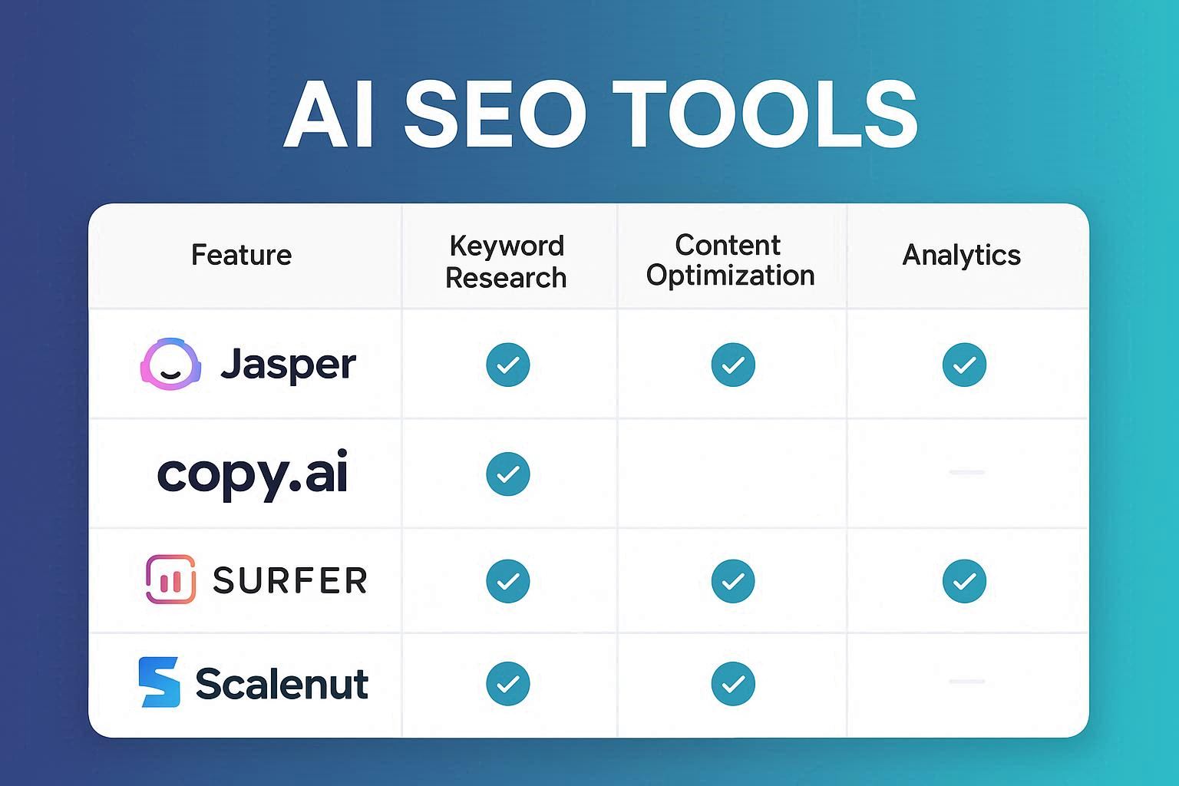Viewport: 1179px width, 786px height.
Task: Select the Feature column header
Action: pyautogui.click(x=241, y=255)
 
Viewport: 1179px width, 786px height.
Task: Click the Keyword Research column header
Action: pyautogui.click(x=507, y=262)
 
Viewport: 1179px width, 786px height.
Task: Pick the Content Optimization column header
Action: pyautogui.click(x=730, y=260)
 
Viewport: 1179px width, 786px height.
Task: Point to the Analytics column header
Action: pyautogui.click(x=961, y=255)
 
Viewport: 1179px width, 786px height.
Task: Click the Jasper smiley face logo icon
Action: pyautogui.click(x=170, y=364)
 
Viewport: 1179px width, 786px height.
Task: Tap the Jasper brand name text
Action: pyautogui.click(x=289, y=364)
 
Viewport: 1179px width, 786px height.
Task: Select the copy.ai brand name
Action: pyautogui.click(x=253, y=474)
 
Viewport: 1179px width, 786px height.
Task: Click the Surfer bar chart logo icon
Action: pyautogui.click(x=170, y=580)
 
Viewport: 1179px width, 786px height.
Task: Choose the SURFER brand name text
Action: pyautogui.click(x=290, y=580)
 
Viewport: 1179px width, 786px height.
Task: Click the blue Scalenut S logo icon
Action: pyautogui.click(x=160, y=682)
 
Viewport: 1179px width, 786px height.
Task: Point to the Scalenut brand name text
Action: pyautogui.click(x=282, y=683)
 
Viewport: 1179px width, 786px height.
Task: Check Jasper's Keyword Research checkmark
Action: pyautogui.click(x=508, y=365)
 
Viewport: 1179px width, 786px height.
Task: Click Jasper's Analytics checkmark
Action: pyautogui.click(x=964, y=365)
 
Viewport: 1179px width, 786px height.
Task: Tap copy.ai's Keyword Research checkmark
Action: pyautogui.click(x=508, y=474)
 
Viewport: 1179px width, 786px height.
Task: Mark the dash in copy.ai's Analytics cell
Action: pyautogui.click(x=966, y=472)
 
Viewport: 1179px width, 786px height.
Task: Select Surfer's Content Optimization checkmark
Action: pyautogui.click(x=733, y=580)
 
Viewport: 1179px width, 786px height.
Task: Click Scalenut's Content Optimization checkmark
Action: pyautogui.click(x=733, y=683)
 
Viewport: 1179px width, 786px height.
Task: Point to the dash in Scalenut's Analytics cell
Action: pyautogui.click(x=966, y=682)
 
